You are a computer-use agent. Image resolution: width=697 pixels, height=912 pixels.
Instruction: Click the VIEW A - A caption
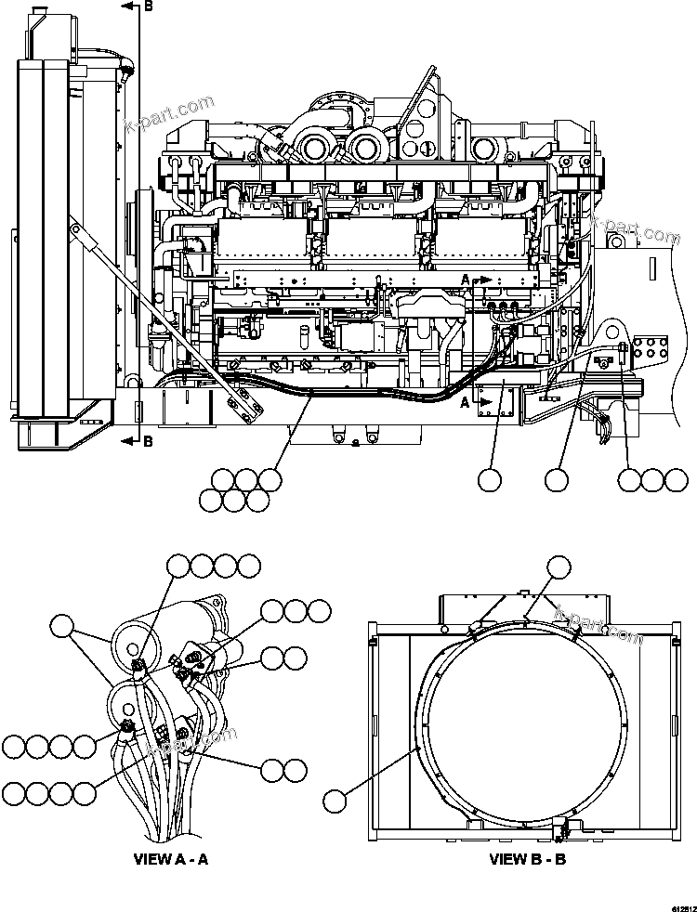point(171,859)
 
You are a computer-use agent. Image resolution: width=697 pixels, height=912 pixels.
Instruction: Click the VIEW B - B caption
point(527,859)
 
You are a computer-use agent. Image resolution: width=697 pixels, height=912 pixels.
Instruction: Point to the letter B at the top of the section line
point(149,7)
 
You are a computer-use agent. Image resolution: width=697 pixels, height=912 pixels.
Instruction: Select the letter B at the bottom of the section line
point(148,440)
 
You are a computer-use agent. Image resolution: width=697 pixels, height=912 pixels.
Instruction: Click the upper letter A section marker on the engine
point(465,278)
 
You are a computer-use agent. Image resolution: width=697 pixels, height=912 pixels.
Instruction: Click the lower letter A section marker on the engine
point(465,402)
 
